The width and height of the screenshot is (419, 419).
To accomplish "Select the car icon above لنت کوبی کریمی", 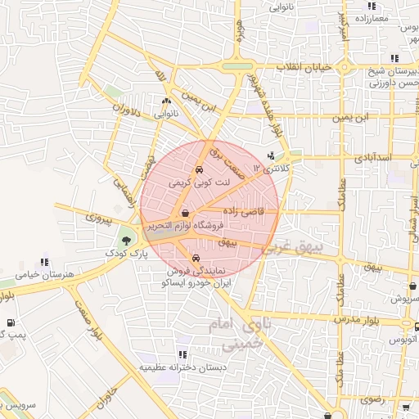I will point(200,169).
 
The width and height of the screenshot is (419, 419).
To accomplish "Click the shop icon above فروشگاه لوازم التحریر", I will point(185,213).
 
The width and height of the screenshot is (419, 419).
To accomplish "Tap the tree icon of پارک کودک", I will point(125,241).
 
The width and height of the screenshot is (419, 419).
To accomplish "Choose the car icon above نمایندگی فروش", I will point(193,258).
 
